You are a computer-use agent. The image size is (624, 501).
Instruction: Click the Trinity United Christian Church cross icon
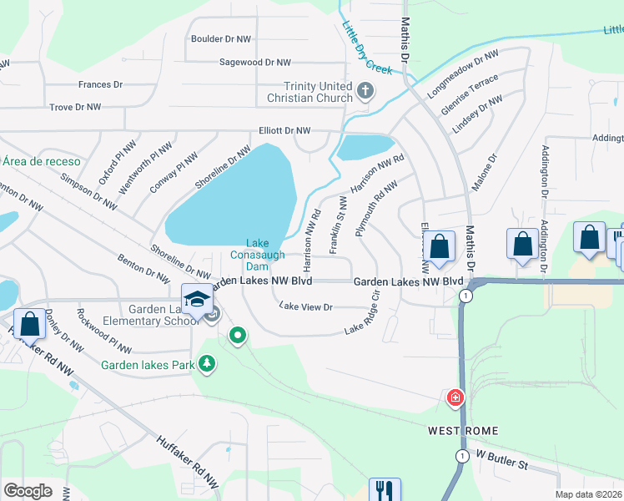pyautogui.click(x=365, y=90)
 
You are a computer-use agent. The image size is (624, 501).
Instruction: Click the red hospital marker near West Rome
pyautogui.click(x=455, y=397)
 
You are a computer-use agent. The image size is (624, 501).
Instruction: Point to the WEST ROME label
pyautogui.click(x=463, y=431)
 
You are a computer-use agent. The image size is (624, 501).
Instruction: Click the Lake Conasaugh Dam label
pyautogui.click(x=258, y=254)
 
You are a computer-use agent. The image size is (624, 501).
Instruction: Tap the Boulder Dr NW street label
pyautogui.click(x=221, y=38)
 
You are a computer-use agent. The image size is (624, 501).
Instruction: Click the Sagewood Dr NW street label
pyautogui.click(x=254, y=63)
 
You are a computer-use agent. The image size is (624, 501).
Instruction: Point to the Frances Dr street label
pyautogui.click(x=100, y=84)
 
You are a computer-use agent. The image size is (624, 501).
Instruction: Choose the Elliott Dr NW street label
pyautogui.click(x=284, y=131)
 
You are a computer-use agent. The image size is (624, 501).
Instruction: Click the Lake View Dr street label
pyautogui.click(x=305, y=307)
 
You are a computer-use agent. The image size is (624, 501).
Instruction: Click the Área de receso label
pyautogui.click(x=41, y=161)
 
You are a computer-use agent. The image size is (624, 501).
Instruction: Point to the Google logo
pyautogui.click(x=28, y=491)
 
